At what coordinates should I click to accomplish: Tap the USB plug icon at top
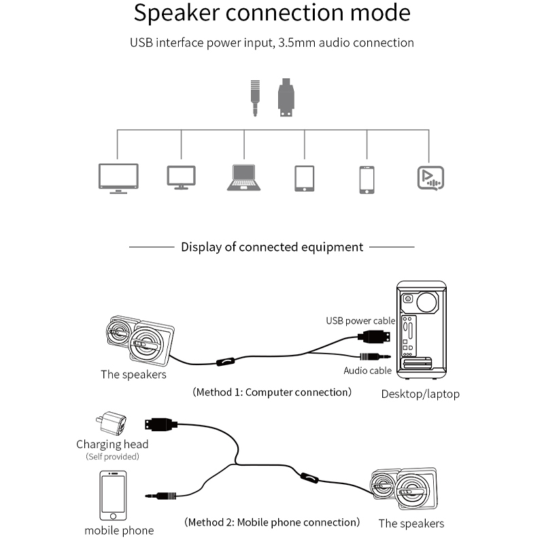[x=286, y=98]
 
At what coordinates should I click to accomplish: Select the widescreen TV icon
[x=118, y=177]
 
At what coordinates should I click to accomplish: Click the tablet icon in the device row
[x=304, y=178]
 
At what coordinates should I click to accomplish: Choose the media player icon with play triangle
[x=430, y=177]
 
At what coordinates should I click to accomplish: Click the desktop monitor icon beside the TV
[x=181, y=177]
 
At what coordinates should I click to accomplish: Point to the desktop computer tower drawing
[x=421, y=329]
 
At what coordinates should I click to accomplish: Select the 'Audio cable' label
[x=367, y=371]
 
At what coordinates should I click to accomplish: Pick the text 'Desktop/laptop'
[x=420, y=394]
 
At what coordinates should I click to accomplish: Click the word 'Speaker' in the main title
[x=179, y=13]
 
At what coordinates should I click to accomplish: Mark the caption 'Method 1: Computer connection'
[x=272, y=392]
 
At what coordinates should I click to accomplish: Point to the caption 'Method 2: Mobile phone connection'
[x=272, y=522]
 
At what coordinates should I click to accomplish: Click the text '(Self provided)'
[x=112, y=456]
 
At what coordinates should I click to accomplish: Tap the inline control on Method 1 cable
[x=224, y=362]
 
